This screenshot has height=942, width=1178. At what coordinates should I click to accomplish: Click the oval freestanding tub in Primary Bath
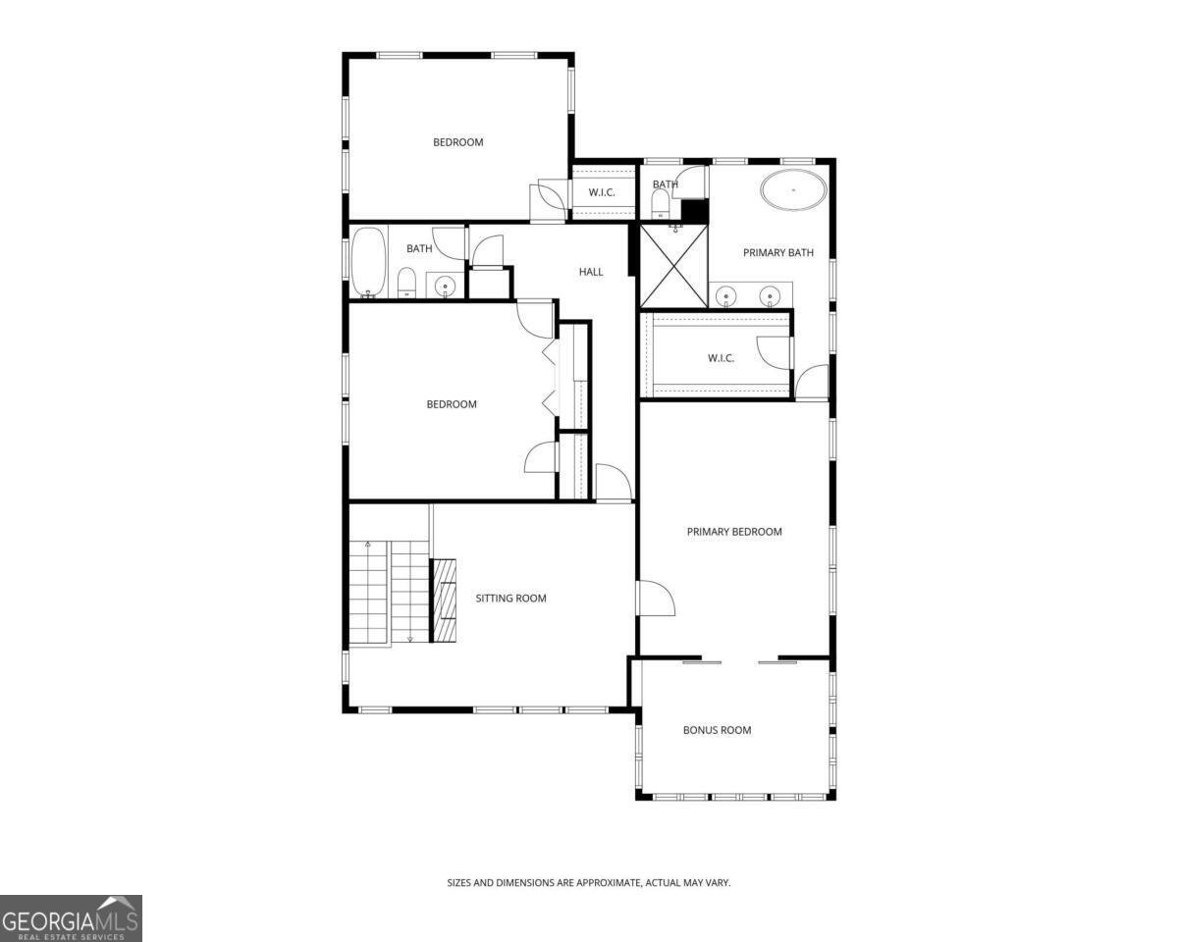792,189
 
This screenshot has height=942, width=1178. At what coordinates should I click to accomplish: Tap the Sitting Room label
510,599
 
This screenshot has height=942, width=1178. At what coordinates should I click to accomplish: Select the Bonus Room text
717,730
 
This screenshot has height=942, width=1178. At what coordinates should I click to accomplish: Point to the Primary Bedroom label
734,532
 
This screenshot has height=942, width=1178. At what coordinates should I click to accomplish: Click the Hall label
591,272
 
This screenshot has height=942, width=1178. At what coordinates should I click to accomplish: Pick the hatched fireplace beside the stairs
444,600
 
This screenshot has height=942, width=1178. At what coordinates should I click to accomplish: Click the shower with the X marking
673,266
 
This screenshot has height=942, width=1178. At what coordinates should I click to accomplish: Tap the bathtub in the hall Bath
368,263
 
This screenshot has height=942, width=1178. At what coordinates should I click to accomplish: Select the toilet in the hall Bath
406,283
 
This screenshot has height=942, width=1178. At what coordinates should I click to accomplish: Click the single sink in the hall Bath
445,287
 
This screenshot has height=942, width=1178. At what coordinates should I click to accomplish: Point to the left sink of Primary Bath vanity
726,296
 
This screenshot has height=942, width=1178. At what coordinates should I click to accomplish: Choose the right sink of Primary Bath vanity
769,296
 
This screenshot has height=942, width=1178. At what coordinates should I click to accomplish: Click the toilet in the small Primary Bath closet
661,204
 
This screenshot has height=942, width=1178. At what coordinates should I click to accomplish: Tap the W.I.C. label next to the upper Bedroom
602,192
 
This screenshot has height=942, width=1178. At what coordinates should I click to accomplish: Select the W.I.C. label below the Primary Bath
721,358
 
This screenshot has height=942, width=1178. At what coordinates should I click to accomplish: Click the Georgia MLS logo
71,917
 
